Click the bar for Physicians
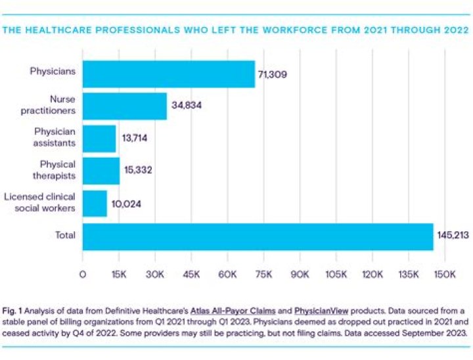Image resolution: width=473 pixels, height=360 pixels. point(168,74)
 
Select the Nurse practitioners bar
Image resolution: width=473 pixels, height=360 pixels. point(124,106)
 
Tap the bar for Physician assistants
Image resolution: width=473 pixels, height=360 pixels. point(99,139)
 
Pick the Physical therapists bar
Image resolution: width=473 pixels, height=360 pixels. point(101,171)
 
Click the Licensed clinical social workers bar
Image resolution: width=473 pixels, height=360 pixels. point(95,203)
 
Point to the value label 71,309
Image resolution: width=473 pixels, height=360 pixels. point(272,74)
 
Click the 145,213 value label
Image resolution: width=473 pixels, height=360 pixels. point(452,236)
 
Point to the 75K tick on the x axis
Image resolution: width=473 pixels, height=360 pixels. point(263,274)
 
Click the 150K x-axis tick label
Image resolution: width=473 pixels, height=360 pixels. point(443,274)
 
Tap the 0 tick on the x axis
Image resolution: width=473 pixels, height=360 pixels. point(83,274)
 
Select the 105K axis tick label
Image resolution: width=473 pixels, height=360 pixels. point(335,274)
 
